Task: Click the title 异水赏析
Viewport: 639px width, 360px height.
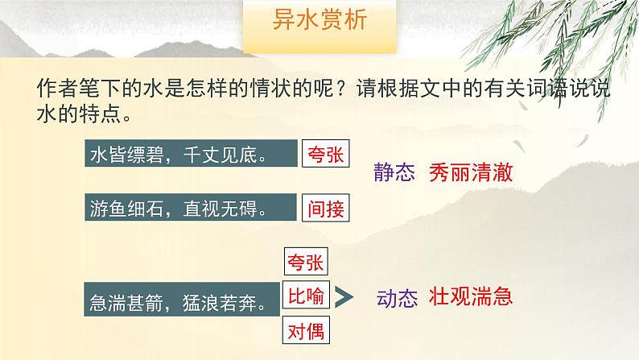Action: click(x=319, y=21)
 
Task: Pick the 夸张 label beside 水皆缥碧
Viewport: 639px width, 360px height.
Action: click(x=326, y=155)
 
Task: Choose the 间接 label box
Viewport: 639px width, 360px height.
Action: click(x=326, y=209)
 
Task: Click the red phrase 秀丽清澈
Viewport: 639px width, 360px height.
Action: click(x=471, y=172)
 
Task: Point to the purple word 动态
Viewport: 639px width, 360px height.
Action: click(x=397, y=299)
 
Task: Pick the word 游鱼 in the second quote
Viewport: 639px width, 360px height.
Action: click(x=109, y=209)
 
